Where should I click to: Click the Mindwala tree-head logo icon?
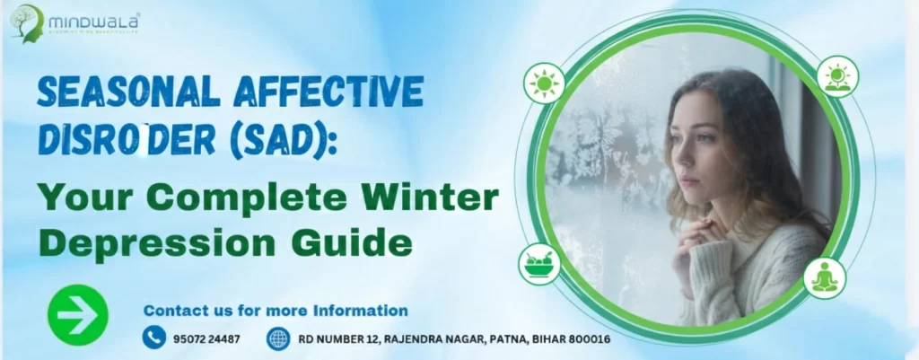point(26,23)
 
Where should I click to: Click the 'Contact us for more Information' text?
point(276,311)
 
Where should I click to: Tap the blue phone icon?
point(154,338)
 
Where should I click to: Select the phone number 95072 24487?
point(208,339)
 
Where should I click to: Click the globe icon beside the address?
point(279,338)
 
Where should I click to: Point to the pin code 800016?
point(584,339)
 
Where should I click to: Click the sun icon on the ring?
point(544,83)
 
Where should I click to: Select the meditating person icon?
point(823,278)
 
